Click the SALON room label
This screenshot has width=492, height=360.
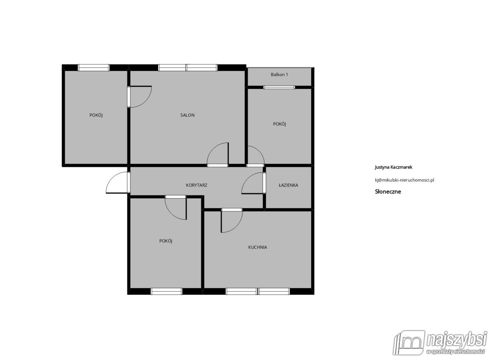pyautogui.click(x=187, y=115)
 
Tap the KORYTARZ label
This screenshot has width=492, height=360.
pyautogui.click(x=196, y=185)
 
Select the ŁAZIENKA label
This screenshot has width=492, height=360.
pyautogui.click(x=288, y=185)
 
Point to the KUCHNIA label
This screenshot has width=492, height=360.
pyautogui.click(x=257, y=247)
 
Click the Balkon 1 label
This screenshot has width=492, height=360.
pyautogui.click(x=279, y=75)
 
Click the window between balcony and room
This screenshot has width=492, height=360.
pyautogui.click(x=279, y=87)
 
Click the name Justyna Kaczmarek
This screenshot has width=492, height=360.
pyautogui.click(x=393, y=167)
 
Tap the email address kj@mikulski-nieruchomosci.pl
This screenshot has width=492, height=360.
pyautogui.click(x=404, y=180)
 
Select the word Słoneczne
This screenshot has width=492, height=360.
pyautogui.click(x=388, y=191)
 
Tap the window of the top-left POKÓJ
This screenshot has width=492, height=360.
pyautogui.click(x=93, y=68)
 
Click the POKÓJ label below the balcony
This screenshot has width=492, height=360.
pyautogui.click(x=279, y=124)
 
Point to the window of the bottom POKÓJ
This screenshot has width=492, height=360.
pyautogui.click(x=166, y=291)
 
